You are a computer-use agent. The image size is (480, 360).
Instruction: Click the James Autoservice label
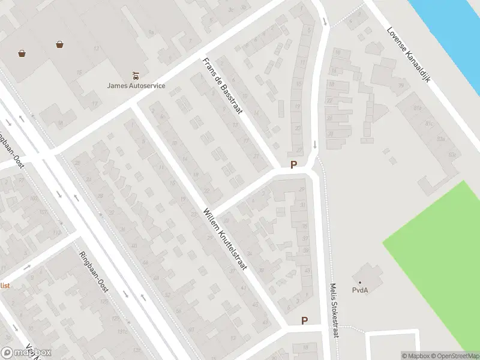pyautogui.click(x=136, y=85)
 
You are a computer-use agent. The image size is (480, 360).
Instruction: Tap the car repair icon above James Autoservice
pyautogui.click(x=136, y=76)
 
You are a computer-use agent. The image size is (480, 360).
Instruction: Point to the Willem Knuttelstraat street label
pyautogui.click(x=224, y=239)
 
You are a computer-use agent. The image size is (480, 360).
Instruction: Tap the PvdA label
pyautogui.click(x=360, y=291)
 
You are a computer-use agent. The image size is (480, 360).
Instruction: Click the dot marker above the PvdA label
pyautogui.click(x=360, y=282)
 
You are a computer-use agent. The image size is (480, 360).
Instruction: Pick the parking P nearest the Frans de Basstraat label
pyautogui.click(x=293, y=165)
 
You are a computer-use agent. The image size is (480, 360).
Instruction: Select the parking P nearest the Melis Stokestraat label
pyautogui.click(x=304, y=321)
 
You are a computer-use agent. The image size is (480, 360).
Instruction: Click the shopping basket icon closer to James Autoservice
pyautogui.click(x=59, y=44)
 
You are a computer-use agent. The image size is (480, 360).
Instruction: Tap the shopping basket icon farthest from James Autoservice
pyautogui.click(x=22, y=53)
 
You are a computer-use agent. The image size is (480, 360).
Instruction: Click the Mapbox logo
pyautogui.click(x=26, y=353)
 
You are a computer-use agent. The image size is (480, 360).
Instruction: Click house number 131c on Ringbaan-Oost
pyautogui.click(x=123, y=331)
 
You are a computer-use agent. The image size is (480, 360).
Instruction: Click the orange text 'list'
pyautogui.click(x=5, y=286)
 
